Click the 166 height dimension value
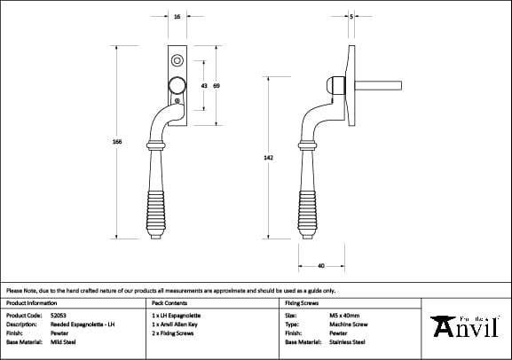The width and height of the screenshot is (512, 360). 116,142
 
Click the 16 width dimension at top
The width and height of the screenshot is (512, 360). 177,17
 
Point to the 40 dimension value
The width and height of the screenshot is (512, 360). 320,264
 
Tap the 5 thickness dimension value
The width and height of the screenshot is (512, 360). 352,17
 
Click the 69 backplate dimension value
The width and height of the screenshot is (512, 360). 217,85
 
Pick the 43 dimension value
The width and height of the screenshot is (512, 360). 204,85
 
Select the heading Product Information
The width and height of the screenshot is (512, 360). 31,303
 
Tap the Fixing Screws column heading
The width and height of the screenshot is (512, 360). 301,303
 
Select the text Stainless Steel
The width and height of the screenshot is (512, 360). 347,341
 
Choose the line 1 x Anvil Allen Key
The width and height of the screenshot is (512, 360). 178,324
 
